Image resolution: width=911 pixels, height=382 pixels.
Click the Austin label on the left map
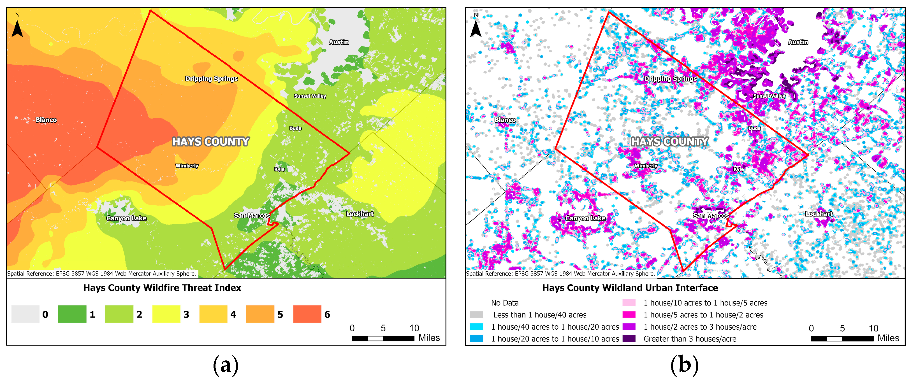point(339,42)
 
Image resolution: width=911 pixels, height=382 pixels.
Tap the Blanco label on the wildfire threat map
point(46,120)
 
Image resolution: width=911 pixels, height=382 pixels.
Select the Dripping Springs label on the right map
point(670,78)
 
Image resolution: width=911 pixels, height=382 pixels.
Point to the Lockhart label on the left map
point(360,214)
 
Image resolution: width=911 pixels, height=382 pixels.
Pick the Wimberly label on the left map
point(187,166)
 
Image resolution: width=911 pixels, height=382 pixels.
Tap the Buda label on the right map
point(754,128)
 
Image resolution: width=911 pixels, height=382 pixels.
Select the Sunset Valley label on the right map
point(769,96)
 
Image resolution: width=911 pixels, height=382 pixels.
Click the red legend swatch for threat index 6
point(307,314)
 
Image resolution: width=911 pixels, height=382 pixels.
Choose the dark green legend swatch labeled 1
point(72,314)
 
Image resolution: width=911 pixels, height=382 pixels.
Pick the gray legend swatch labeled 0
point(25,314)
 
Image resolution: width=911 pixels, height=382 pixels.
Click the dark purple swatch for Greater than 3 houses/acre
point(629,339)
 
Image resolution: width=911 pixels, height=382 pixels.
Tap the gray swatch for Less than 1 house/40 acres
point(476,315)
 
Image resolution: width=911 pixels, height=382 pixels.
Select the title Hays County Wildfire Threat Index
point(162,288)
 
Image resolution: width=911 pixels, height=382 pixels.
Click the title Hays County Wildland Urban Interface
point(630,288)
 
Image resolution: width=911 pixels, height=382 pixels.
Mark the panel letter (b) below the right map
point(684,365)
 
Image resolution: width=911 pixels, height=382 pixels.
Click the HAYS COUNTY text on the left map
point(210,142)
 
